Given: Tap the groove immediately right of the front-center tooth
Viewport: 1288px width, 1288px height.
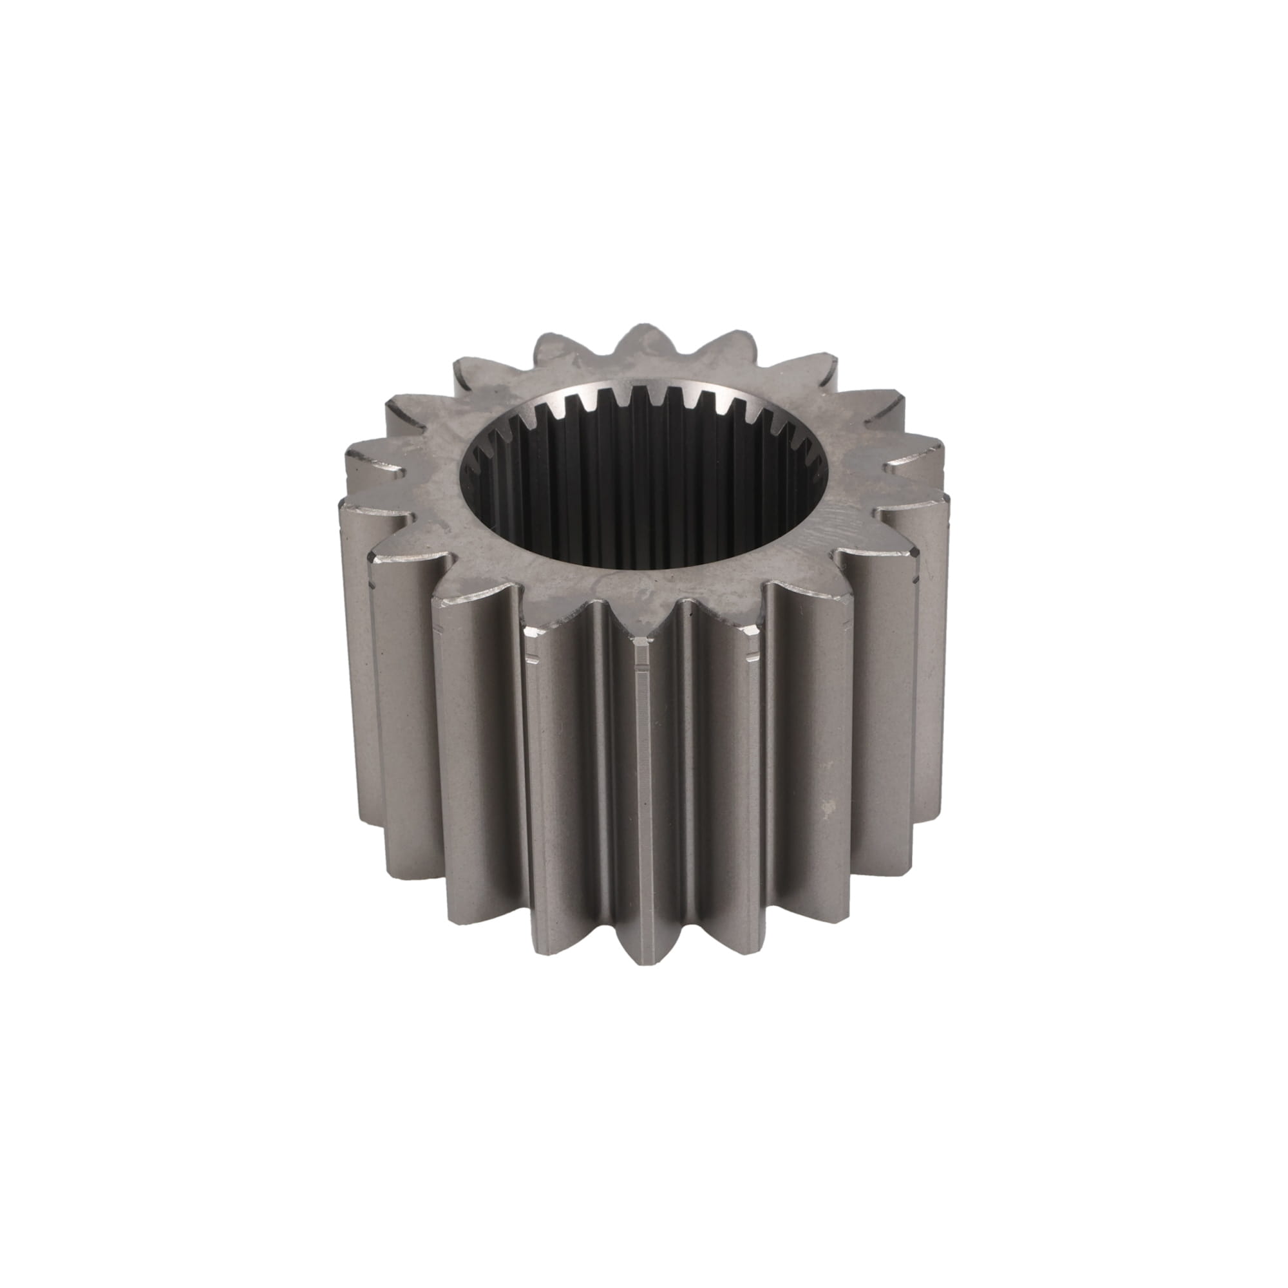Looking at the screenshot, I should point(687,766).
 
